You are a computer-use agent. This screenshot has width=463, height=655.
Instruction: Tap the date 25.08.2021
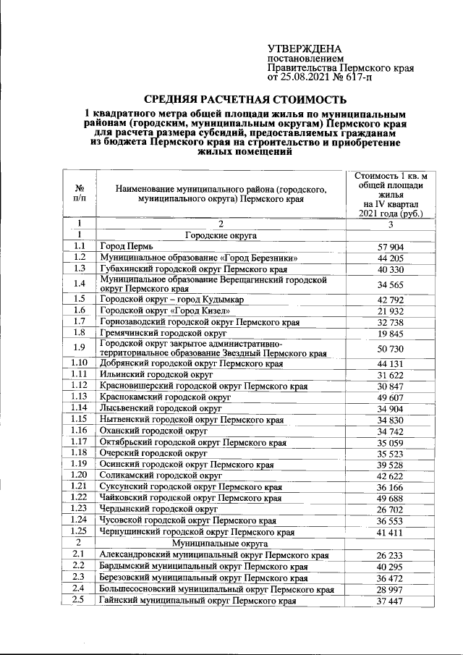pos(303,76)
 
